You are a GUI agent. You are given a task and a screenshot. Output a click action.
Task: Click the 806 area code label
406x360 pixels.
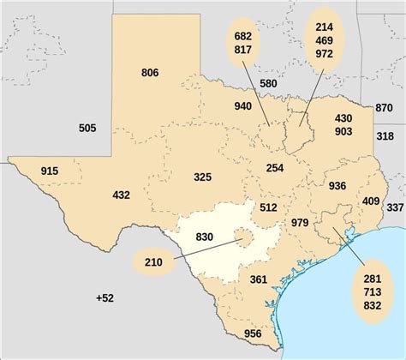150,73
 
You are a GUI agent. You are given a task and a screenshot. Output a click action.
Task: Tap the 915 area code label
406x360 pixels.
50,172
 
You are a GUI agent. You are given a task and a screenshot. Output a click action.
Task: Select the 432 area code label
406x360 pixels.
121,195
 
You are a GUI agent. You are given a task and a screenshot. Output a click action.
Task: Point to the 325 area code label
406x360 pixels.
202,177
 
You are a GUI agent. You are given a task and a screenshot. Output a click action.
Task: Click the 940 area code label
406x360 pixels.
243,106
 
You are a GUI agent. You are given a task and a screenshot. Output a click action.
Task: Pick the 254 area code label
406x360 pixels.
275,168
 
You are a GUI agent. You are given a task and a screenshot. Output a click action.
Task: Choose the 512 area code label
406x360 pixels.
268,207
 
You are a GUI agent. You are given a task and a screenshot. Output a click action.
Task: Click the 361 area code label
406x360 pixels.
259,279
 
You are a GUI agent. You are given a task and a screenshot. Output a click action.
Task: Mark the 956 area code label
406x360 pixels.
253,333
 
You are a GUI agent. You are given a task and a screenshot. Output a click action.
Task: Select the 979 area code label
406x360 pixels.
300,223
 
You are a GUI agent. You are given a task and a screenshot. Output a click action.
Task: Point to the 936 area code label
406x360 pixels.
337,186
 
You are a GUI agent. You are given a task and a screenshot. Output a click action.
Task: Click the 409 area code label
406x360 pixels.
371,201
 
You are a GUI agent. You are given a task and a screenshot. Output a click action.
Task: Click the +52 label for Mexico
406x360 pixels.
104,297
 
